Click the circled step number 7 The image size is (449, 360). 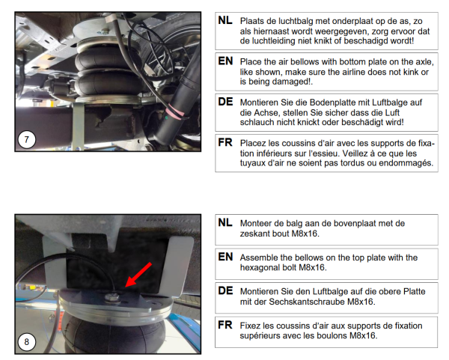(x=27, y=140)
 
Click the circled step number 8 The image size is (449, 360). (x=27, y=342)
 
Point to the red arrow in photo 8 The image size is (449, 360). (x=138, y=275)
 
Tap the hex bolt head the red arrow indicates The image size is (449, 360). (x=112, y=298)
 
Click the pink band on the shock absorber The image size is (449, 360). (x=175, y=112)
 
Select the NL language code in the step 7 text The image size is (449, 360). (x=225, y=20)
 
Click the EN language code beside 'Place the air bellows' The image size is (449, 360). (x=225, y=61)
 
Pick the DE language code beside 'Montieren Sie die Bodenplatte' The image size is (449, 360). (x=225, y=102)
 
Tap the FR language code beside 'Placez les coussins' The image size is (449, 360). (x=225, y=142)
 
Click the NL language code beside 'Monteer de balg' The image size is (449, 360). (x=225, y=222)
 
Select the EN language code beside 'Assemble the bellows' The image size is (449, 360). (x=225, y=257)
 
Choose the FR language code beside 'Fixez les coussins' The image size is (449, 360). (x=225, y=325)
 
